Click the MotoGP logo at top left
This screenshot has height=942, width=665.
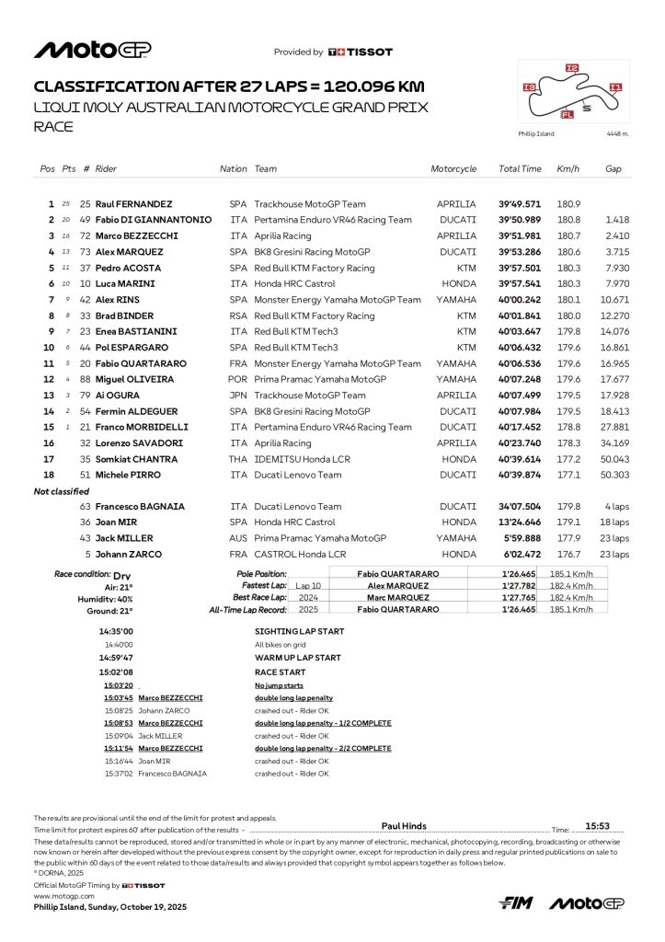93,50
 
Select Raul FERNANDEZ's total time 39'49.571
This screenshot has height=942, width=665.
520,203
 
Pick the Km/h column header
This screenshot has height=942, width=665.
567,169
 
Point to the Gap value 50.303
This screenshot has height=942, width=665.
614,475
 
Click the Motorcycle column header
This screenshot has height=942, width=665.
453,169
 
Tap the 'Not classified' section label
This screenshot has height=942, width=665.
62,492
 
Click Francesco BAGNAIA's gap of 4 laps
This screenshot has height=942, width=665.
615,506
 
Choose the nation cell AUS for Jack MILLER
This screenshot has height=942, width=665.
238,538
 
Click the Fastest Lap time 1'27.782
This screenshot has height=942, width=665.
520,585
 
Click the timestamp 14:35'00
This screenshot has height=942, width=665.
116,632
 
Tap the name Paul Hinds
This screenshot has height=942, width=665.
404,826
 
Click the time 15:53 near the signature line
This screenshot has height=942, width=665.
599,826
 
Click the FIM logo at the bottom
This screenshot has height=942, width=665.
517,903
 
